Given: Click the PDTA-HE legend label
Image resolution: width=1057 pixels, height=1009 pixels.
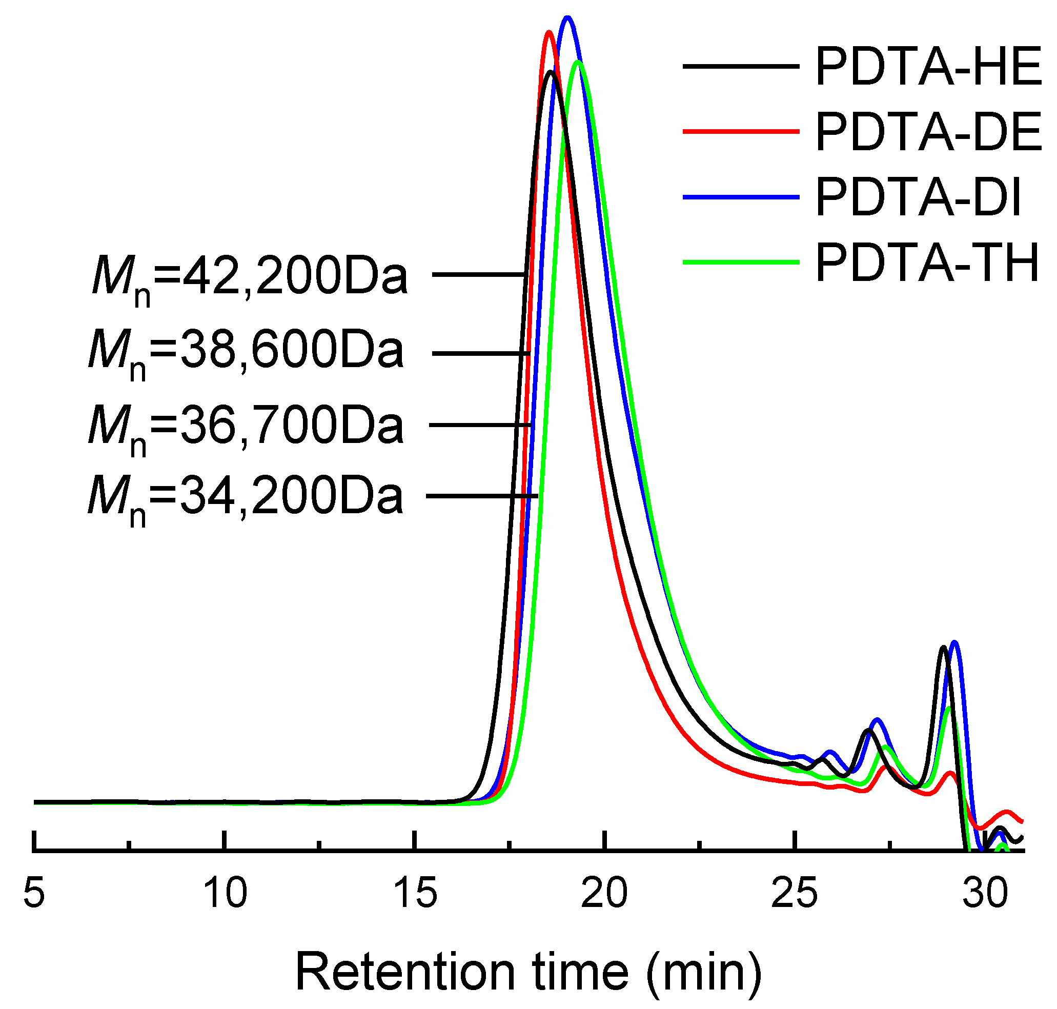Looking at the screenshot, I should pyautogui.click(x=928, y=67).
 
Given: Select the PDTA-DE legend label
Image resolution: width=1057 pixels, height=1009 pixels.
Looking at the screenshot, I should pyautogui.click(x=928, y=132).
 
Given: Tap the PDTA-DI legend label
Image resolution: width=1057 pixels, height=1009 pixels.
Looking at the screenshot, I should pyautogui.click(x=918, y=198).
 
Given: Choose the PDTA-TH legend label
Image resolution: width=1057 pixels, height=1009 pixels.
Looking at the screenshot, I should pyautogui.click(x=927, y=263).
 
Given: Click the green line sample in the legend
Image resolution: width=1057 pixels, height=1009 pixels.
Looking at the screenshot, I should pyautogui.click(x=741, y=263).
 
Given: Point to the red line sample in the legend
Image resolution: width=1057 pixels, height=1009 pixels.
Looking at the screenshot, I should pyautogui.click(x=741, y=131).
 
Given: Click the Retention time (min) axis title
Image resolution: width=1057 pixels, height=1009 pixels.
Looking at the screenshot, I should pyautogui.click(x=528, y=973).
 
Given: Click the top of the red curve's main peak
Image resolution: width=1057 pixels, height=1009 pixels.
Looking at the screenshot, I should pyautogui.click(x=548, y=32).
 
